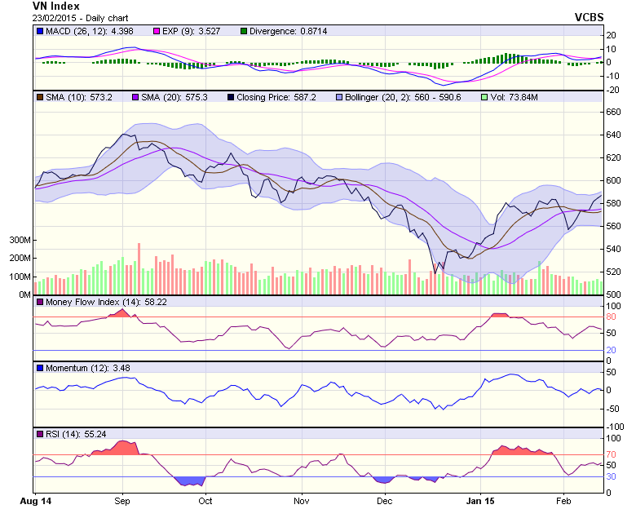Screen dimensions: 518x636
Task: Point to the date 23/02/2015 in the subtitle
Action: tap(57, 17)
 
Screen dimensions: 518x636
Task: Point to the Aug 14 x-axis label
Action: tap(35, 501)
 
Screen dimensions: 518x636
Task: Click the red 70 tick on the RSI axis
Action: tap(611, 455)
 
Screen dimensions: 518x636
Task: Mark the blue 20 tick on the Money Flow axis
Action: tap(611, 350)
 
